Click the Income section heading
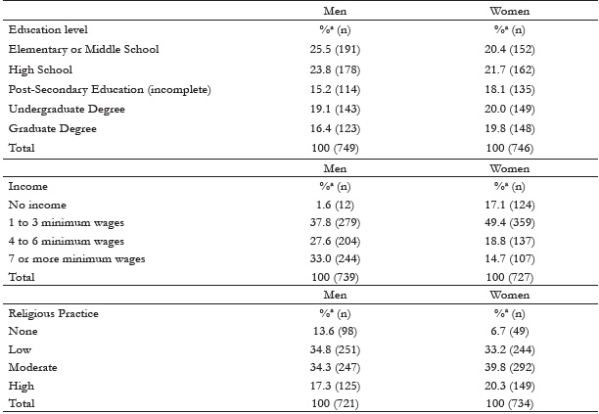point(26,185)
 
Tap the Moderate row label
point(31,367)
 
